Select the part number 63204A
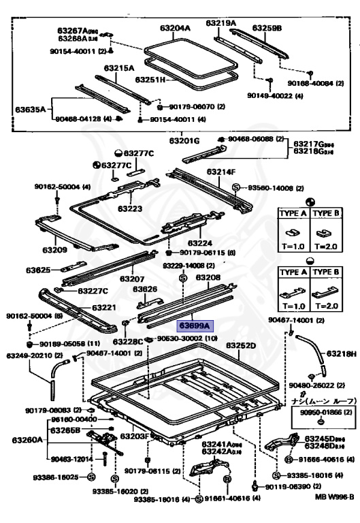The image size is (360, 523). (x=176, y=28)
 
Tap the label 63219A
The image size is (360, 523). (x=222, y=23)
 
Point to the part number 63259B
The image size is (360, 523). (x=267, y=28)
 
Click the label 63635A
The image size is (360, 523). (x=31, y=109)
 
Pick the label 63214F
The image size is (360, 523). (x=221, y=172)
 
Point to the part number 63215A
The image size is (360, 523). (x=119, y=68)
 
